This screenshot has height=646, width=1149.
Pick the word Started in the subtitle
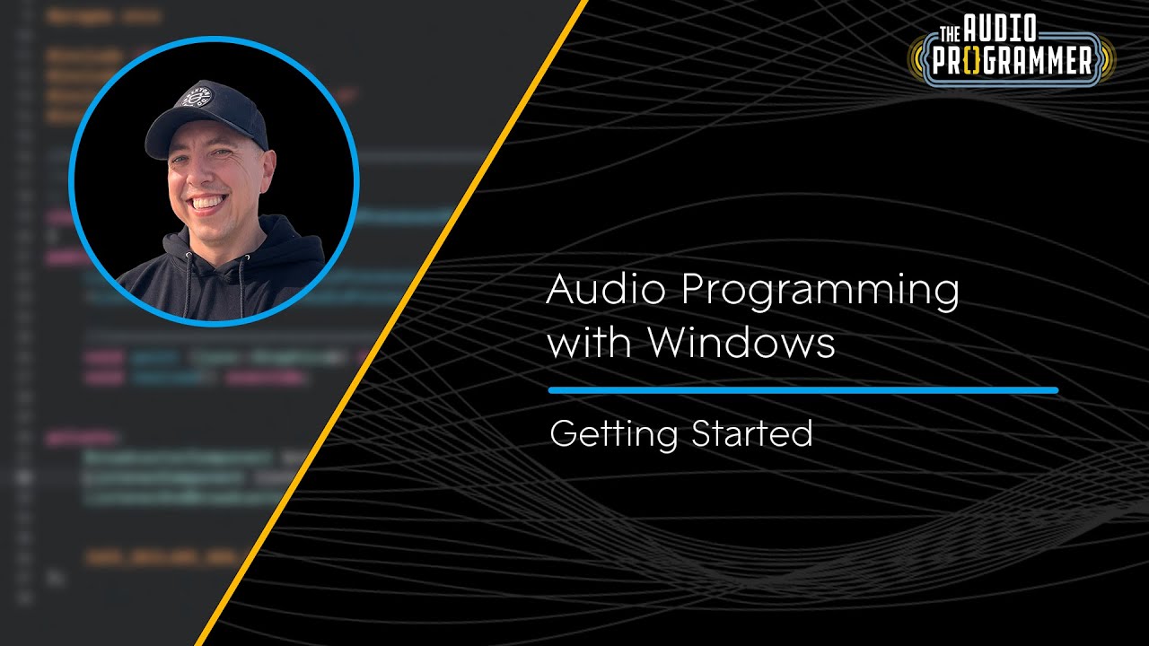[751, 433]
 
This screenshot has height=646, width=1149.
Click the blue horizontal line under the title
[803, 390]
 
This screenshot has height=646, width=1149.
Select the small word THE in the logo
[951, 34]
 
